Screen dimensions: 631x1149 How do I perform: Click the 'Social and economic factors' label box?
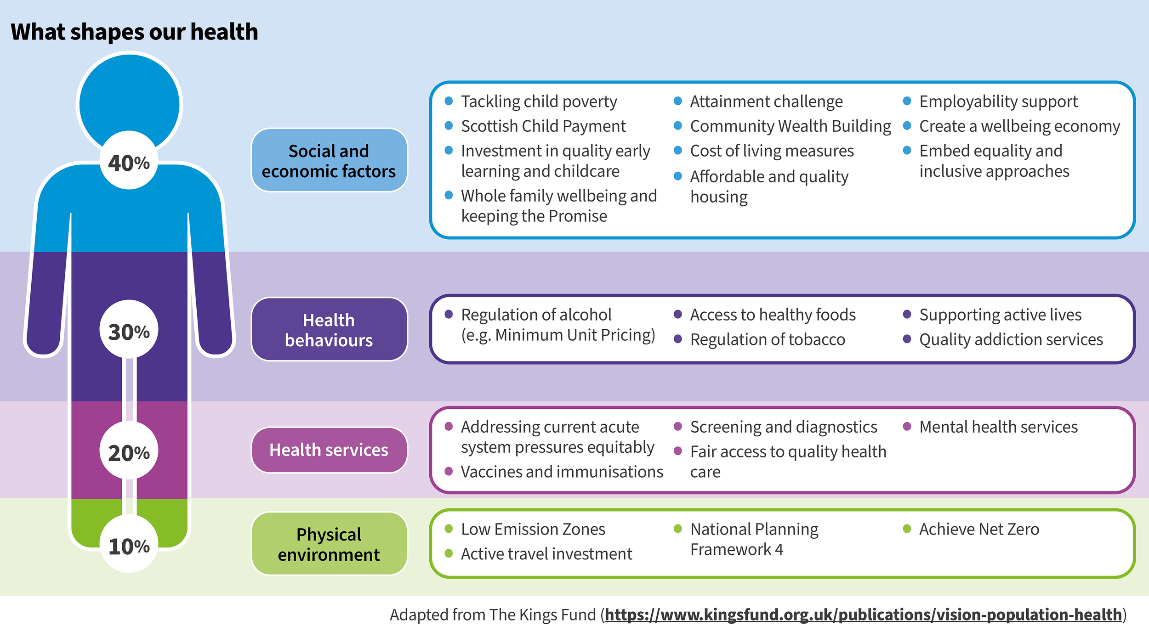[329, 160]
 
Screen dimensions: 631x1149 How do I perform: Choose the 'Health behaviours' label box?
[329, 329]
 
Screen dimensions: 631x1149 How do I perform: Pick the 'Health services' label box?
[329, 450]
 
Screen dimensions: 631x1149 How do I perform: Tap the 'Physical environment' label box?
[329, 544]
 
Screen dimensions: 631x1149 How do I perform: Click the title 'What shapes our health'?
[134, 32]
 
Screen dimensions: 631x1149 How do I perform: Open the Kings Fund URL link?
[863, 614]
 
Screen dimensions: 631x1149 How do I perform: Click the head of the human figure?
[129, 99]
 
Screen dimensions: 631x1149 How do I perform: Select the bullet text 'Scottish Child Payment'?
[543, 126]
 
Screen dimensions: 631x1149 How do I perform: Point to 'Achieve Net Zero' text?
[979, 530]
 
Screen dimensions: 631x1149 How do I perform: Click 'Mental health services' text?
[998, 427]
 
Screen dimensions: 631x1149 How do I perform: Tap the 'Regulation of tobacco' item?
[768, 340]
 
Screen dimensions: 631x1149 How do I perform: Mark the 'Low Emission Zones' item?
[533, 530]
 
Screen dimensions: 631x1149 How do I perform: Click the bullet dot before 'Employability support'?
[907, 101]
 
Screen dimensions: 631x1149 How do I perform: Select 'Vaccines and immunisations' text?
[562, 472]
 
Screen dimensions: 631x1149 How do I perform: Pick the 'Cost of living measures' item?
[772, 151]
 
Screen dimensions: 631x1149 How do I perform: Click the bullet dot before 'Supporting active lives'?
[907, 315]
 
